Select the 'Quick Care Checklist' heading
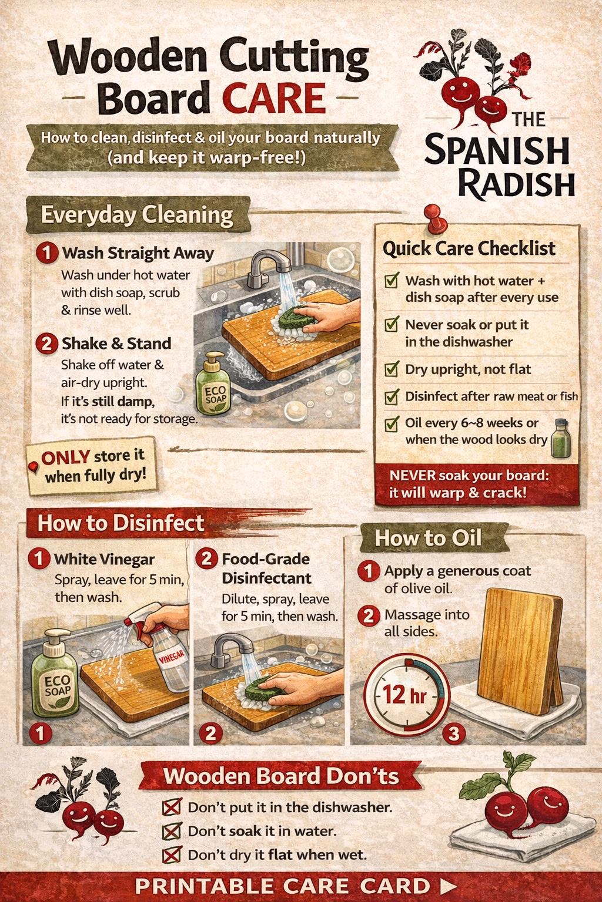point(469,248)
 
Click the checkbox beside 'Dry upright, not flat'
point(392,369)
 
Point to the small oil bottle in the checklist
point(561,438)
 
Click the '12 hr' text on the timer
point(404,694)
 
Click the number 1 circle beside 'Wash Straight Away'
point(47,253)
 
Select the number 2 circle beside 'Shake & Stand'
point(47,344)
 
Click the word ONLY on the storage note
point(65,457)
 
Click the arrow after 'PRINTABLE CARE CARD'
point(449,886)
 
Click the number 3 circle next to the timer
point(454,733)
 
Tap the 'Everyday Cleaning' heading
point(137,214)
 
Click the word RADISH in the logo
point(517,184)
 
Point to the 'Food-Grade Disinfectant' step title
point(266,568)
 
